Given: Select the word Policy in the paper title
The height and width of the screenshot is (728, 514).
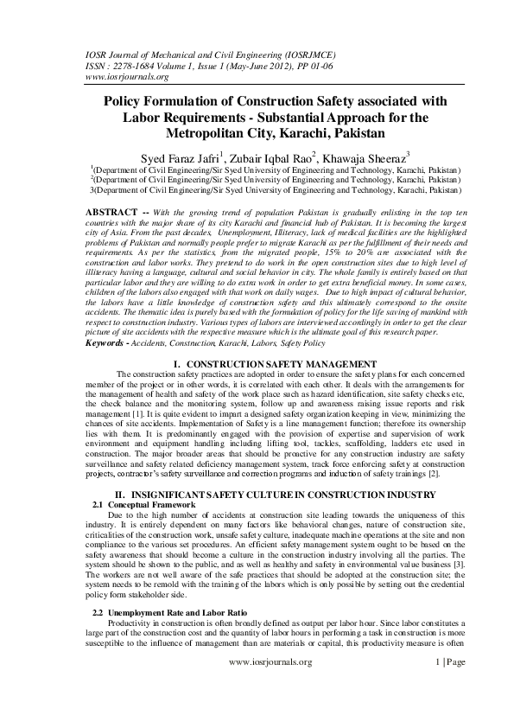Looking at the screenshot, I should coord(127,102).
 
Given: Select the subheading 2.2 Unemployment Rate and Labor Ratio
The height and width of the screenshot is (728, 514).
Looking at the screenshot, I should coord(167,612).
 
